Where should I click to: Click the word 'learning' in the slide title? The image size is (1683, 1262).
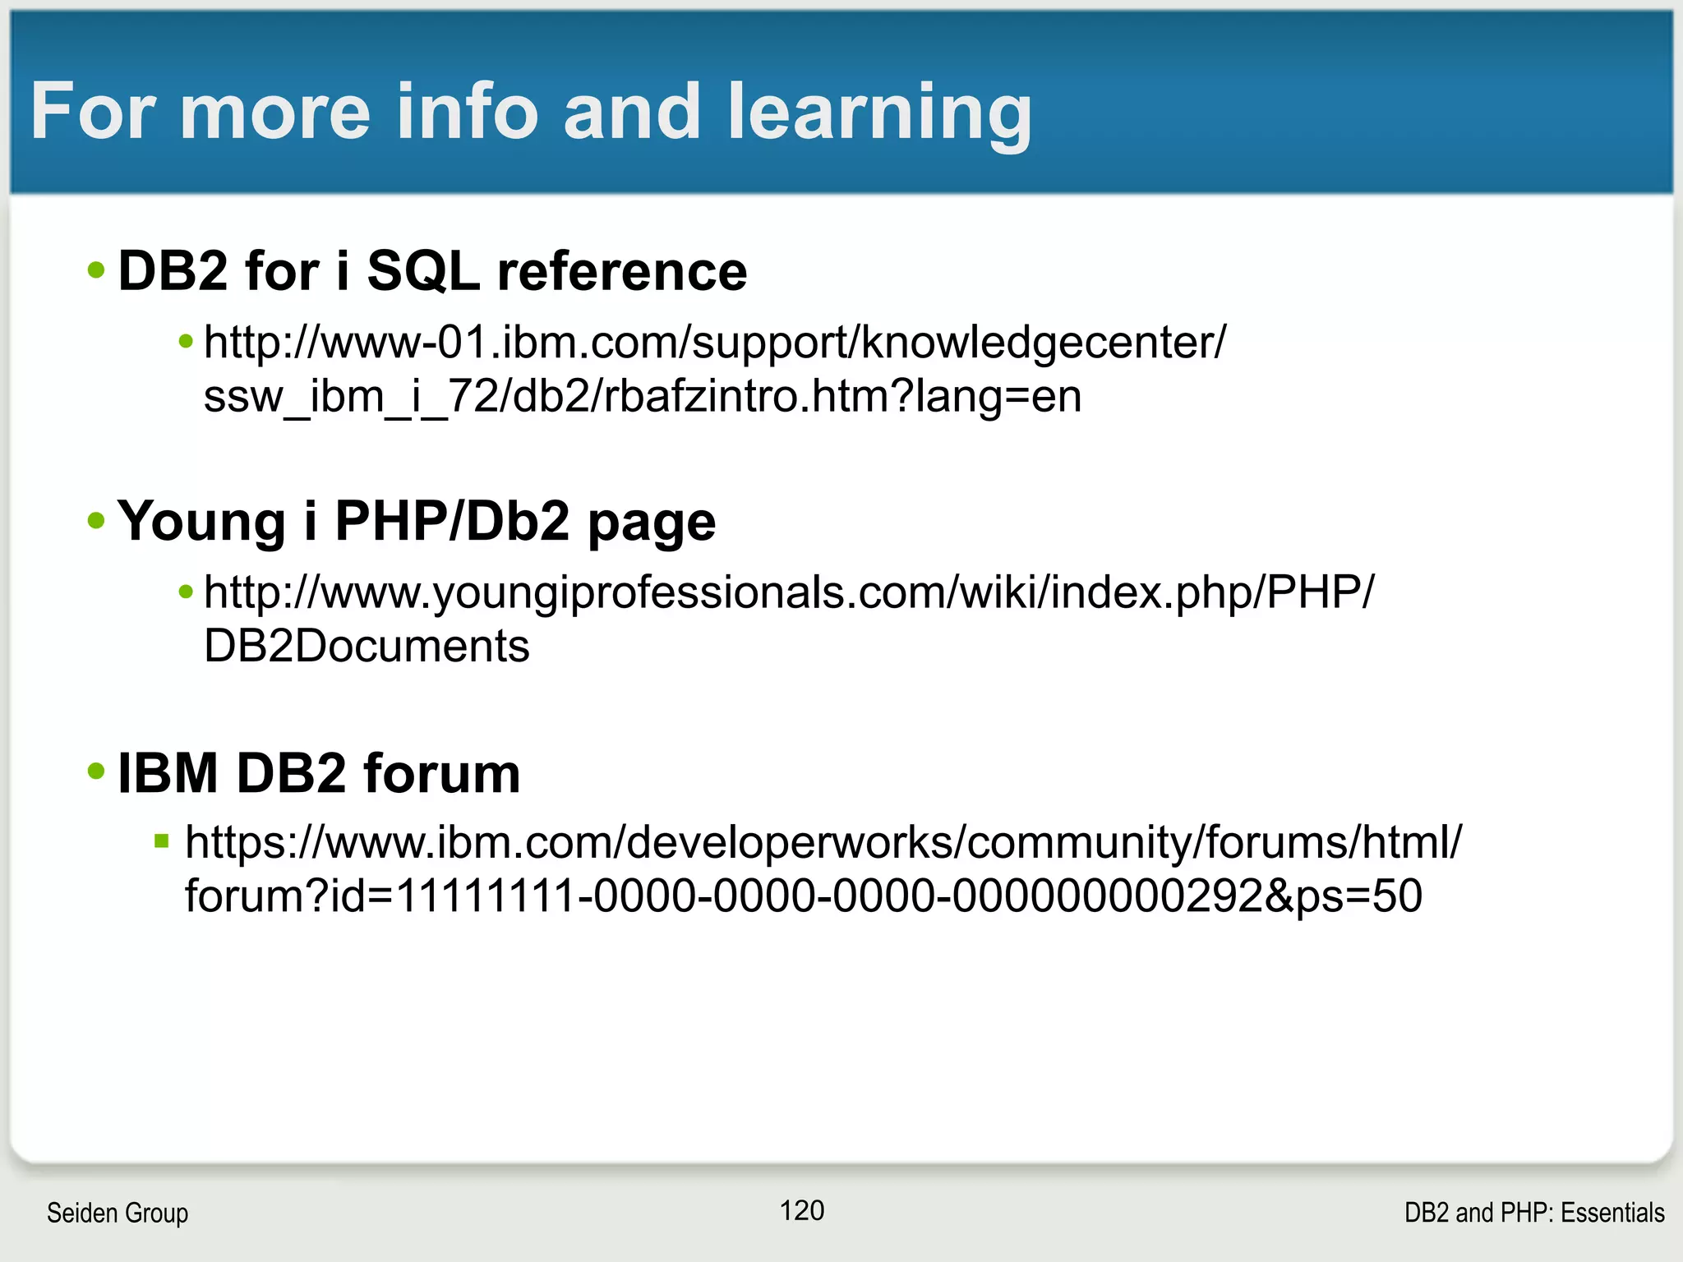(x=878, y=113)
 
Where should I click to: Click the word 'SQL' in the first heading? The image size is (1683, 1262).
(x=422, y=270)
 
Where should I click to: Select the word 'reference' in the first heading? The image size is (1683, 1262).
(x=622, y=270)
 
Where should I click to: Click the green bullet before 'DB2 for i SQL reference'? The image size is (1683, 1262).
(x=96, y=269)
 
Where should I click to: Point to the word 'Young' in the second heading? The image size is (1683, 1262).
(x=201, y=521)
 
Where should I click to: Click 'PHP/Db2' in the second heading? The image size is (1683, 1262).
(x=452, y=521)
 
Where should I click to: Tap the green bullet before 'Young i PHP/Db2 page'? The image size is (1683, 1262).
(x=96, y=520)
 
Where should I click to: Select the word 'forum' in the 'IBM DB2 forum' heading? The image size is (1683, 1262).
(x=441, y=773)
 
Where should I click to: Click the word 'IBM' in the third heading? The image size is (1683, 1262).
(x=168, y=773)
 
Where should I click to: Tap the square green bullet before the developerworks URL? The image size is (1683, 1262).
(x=161, y=841)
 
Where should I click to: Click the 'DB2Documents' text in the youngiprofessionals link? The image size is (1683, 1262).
(x=367, y=646)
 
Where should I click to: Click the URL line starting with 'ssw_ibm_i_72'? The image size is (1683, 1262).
(x=642, y=396)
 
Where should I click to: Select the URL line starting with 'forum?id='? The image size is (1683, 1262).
(x=803, y=896)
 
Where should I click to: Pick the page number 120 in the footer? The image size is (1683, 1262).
(x=801, y=1210)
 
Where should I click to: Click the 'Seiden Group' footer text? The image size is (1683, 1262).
(x=118, y=1213)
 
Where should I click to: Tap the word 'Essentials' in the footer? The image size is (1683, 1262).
(x=1612, y=1213)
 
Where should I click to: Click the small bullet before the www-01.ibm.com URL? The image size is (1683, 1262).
(x=186, y=340)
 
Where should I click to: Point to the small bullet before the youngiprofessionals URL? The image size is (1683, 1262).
(x=186, y=591)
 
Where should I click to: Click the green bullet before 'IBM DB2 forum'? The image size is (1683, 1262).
(x=96, y=771)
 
